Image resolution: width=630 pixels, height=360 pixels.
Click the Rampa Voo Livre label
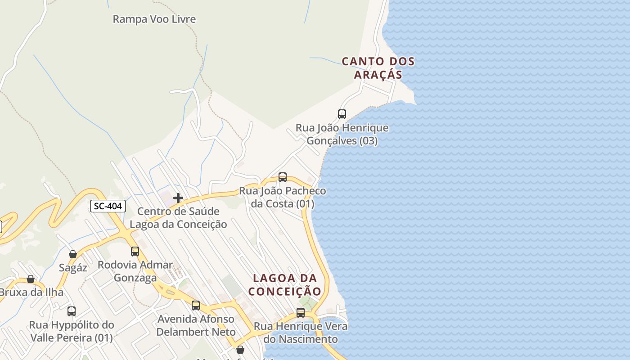[154, 19]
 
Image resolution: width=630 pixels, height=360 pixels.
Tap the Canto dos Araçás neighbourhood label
[378, 68]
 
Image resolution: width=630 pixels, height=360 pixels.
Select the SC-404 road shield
[108, 206]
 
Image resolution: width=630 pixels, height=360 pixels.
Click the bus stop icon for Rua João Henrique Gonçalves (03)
[342, 114]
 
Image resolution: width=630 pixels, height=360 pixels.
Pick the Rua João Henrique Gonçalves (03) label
[342, 134]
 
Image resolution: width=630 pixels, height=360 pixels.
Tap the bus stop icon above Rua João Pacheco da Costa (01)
[283, 177]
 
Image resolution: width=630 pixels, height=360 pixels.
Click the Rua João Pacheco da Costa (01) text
[283, 197]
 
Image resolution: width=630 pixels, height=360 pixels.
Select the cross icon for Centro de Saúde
[178, 198]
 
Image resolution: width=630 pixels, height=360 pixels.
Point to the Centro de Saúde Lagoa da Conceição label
[178, 218]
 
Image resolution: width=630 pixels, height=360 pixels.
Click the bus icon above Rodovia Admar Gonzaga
[135, 252]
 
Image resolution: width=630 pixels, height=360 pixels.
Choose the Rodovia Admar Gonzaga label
[135, 271]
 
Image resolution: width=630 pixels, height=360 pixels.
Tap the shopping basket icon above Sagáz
[73, 254]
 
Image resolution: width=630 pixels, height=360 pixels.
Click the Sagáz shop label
[73, 268]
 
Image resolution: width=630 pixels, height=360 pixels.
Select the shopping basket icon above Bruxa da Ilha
[31, 279]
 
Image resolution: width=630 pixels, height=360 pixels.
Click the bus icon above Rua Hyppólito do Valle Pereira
[71, 311]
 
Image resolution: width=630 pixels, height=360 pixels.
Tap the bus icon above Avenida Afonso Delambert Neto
[196, 306]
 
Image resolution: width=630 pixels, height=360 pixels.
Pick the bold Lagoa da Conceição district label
[285, 285]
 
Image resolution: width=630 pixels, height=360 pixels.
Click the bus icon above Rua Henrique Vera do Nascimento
[301, 313]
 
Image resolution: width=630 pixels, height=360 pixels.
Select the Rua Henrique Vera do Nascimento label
[301, 333]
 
